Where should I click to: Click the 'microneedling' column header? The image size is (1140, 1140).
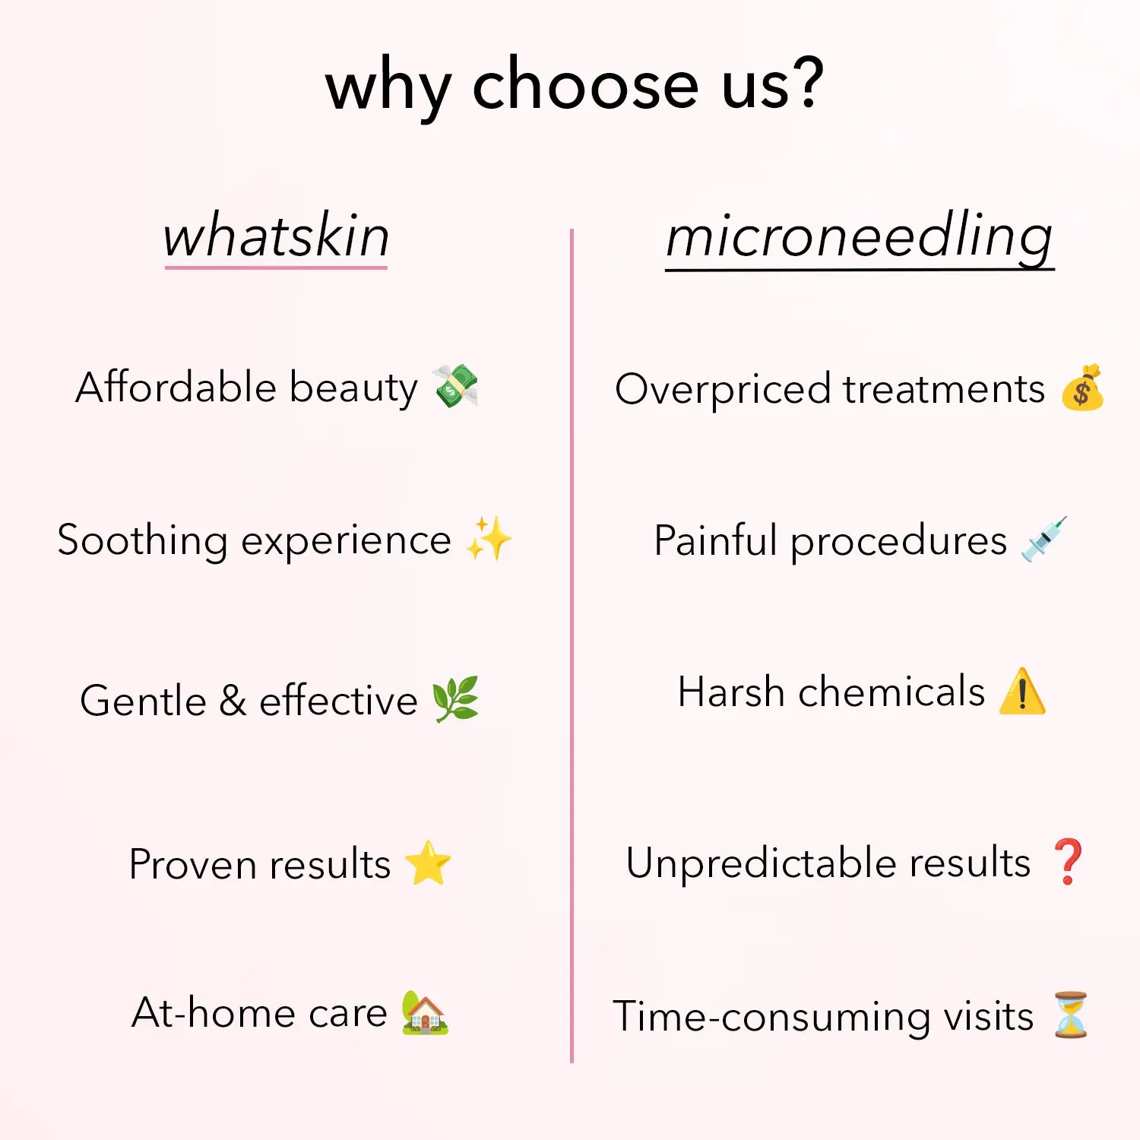(860, 237)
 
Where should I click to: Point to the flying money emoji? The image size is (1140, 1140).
(455, 386)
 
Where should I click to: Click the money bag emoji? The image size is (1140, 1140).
(1082, 388)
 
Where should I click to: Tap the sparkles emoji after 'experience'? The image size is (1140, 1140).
(489, 539)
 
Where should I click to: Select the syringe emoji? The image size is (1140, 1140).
(1044, 539)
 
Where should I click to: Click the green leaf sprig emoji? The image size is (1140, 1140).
(455, 698)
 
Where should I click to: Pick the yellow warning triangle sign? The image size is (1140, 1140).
(1022, 691)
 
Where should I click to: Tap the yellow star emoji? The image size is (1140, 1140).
(429, 863)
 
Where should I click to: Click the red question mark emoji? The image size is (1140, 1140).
(1069, 862)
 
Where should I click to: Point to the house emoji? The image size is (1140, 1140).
(425, 1012)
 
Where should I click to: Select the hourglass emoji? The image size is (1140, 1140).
(1071, 1015)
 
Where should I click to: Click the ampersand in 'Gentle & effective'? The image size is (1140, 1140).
(233, 700)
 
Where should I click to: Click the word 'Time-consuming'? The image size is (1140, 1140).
(772, 1017)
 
